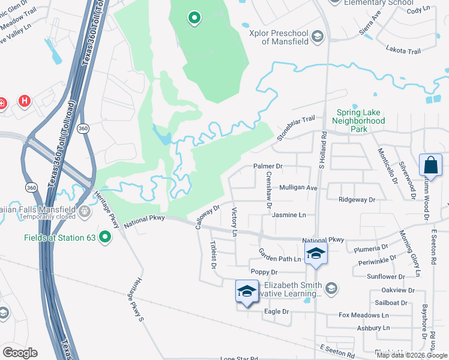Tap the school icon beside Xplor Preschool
click(318, 38)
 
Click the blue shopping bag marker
click(431, 164)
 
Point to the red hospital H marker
click(25, 100)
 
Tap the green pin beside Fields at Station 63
click(106, 238)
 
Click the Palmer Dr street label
click(268, 166)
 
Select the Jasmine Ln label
click(289, 214)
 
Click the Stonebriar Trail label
click(295, 128)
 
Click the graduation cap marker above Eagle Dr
click(247, 291)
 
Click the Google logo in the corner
click(20, 353)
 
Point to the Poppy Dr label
click(264, 272)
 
